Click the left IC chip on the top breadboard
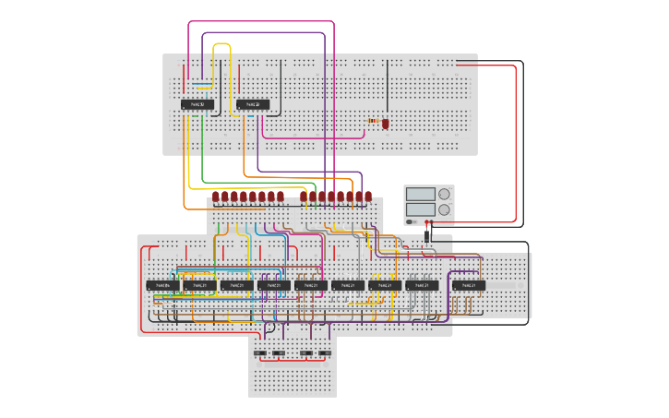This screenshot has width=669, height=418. (197, 105)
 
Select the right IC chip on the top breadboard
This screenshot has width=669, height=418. (252, 105)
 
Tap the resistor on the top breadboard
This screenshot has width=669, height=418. (373, 121)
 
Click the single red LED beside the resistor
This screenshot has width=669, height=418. (386, 123)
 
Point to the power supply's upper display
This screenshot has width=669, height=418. (420, 194)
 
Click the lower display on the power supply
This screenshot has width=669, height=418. (420, 209)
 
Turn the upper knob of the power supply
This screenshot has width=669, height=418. (445, 194)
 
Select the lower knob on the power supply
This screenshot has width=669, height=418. (445, 209)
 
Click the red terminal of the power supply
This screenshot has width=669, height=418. (425, 222)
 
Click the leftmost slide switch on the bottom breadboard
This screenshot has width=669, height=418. (260, 352)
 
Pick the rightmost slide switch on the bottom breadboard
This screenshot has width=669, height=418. (325, 352)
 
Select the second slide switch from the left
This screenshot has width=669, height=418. (281, 352)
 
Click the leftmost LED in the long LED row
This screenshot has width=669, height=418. (216, 196)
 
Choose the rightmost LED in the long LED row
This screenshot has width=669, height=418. (368, 196)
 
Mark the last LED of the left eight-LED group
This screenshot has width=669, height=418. (281, 196)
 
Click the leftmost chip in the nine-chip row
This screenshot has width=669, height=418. (162, 286)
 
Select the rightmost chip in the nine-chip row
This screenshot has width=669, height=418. (469, 286)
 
